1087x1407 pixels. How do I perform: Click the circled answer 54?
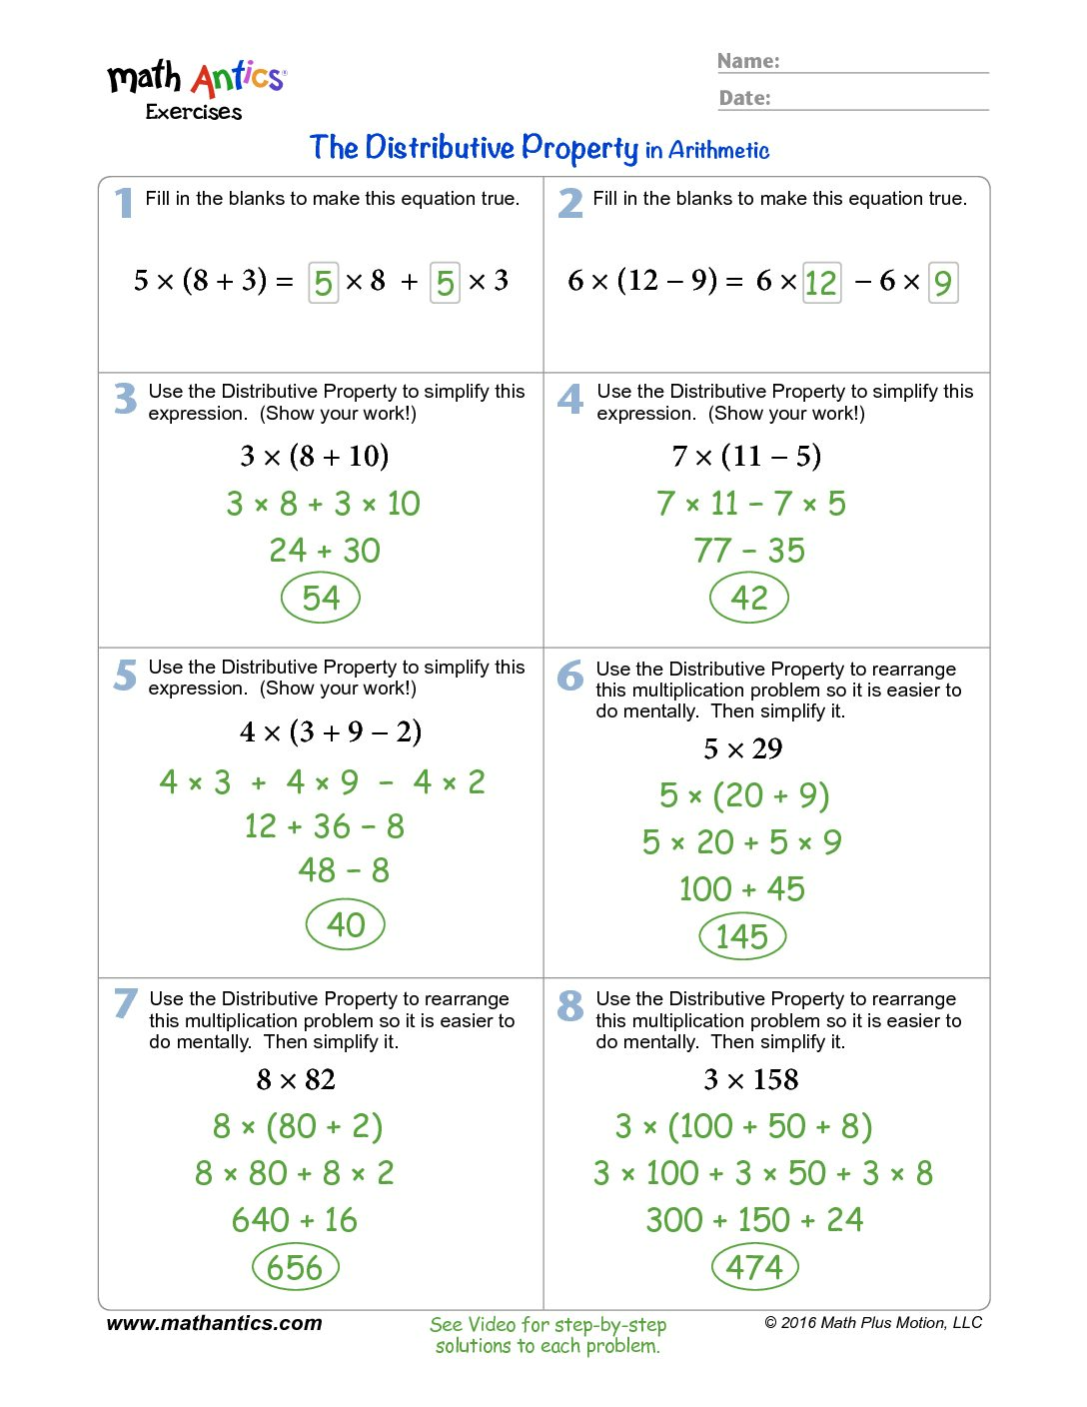[x=321, y=599]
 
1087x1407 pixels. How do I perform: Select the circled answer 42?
[x=749, y=599]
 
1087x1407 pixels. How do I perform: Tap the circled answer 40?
[x=346, y=924]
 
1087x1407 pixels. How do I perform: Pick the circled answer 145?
[x=742, y=936]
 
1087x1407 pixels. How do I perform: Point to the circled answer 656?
[x=296, y=1267]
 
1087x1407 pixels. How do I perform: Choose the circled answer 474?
[x=754, y=1267]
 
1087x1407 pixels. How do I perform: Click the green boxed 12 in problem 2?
[x=821, y=283]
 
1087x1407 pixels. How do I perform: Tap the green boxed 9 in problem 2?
[x=943, y=283]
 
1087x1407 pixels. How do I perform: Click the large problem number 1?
[x=124, y=203]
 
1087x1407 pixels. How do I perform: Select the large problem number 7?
[x=125, y=1003]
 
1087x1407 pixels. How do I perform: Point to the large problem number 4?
[x=570, y=400]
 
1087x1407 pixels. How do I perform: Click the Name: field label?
[x=748, y=61]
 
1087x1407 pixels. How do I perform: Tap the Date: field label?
[x=745, y=98]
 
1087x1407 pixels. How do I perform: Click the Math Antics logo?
[x=197, y=88]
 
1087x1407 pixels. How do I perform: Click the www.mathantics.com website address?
[x=215, y=1323]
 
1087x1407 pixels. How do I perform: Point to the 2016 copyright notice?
[x=873, y=1323]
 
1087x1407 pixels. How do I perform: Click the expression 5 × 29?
[x=743, y=748]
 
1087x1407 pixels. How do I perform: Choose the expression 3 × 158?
[x=751, y=1079]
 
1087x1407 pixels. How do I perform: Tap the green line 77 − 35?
[x=749, y=551]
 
